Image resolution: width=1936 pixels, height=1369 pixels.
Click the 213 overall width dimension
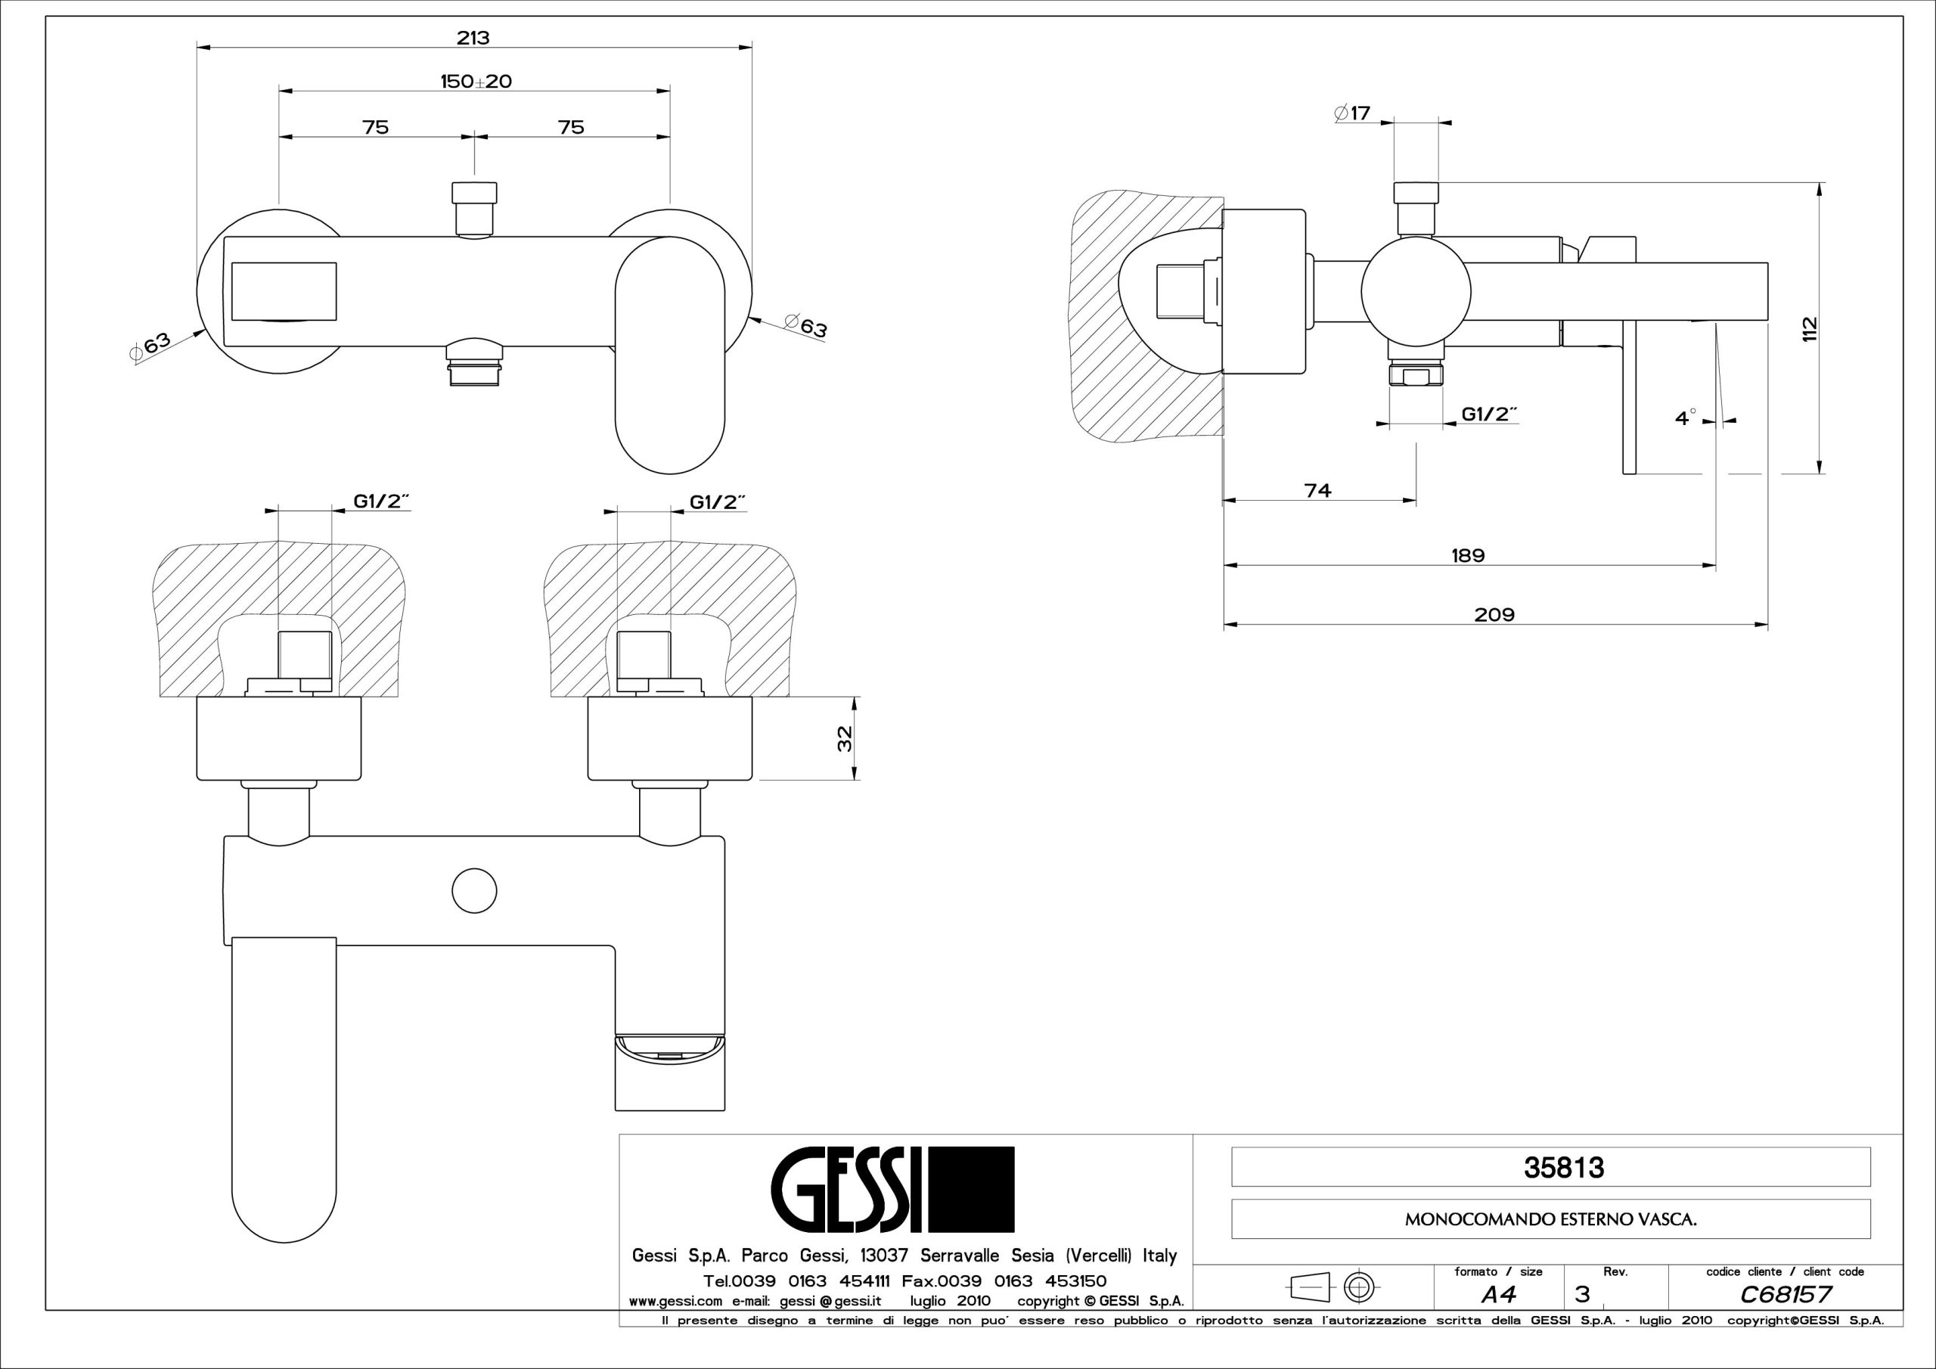[474, 38]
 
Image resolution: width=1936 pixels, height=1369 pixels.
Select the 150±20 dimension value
[476, 82]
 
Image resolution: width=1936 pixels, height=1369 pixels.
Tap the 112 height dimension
[1808, 328]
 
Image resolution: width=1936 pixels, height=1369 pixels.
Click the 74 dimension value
[1317, 490]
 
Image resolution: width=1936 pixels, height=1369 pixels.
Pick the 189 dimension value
[1468, 555]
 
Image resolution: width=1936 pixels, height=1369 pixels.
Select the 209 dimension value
[1494, 615]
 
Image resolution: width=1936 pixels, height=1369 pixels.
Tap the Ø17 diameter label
[1354, 113]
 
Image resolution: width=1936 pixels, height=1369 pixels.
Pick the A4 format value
[1497, 1294]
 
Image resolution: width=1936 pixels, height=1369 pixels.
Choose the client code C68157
[1785, 1294]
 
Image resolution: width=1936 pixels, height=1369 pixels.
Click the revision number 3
[1582, 1294]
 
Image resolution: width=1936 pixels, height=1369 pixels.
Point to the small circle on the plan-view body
[474, 891]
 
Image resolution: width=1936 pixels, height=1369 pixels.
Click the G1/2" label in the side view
[1490, 414]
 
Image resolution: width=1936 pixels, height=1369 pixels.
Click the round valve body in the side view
[1416, 292]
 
